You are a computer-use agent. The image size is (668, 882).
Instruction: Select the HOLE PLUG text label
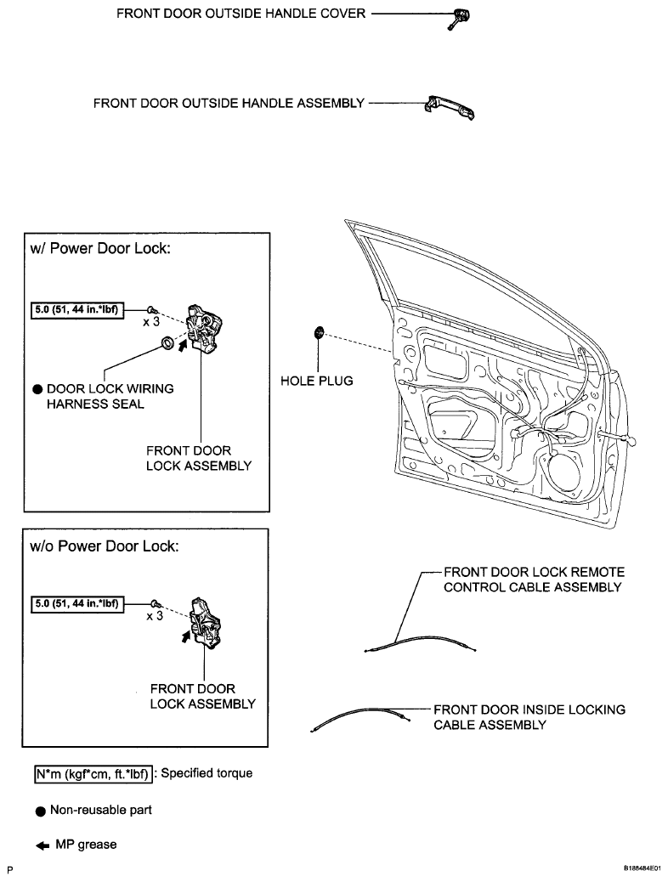316,381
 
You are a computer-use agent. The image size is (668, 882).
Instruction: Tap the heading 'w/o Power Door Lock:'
105,546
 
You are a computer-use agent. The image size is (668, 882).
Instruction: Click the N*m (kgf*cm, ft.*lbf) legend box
93,774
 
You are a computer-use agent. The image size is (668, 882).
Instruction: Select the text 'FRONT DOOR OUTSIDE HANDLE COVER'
241,14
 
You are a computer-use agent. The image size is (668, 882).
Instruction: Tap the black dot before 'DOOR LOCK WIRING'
37,389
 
